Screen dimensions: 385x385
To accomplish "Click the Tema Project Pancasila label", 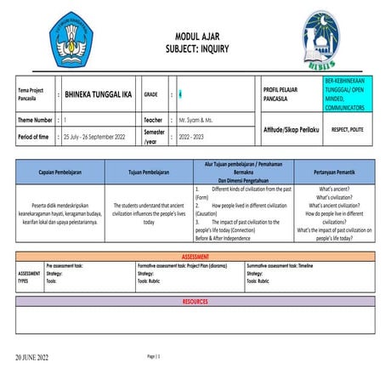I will coord(32,94).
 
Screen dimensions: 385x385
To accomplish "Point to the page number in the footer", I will coord(154,355).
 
